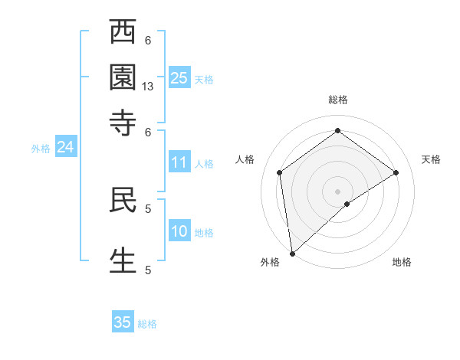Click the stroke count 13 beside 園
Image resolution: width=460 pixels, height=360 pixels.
[148, 87]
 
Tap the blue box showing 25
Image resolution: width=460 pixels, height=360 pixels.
[179, 78]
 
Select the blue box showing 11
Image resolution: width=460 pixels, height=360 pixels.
[179, 162]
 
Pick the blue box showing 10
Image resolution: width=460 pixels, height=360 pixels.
[179, 232]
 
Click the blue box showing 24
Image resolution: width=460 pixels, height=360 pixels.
[65, 148]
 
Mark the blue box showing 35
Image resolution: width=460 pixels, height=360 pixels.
[123, 322]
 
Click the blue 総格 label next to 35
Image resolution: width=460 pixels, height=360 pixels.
[147, 324]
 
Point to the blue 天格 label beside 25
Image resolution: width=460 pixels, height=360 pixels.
[204, 80]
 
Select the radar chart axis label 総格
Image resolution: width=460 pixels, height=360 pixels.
[338, 100]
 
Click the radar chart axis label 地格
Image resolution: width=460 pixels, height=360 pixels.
[402, 263]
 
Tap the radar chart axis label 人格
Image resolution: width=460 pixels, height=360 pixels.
[245, 159]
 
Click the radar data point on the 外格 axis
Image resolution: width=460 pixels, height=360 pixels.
[292, 254]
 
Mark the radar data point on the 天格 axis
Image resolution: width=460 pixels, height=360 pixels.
[396, 172]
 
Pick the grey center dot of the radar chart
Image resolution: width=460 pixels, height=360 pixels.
[338, 191]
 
